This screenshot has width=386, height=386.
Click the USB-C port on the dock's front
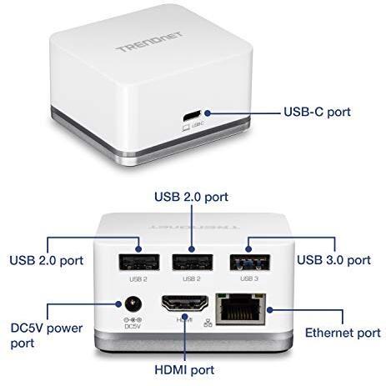tap(192, 116)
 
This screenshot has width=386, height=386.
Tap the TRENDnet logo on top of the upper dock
tap(149, 42)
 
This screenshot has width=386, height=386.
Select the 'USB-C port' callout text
tap(317, 112)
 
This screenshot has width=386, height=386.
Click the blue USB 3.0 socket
tap(250, 263)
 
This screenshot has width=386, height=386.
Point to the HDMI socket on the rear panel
tap(185, 303)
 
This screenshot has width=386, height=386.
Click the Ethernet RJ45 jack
tap(241, 308)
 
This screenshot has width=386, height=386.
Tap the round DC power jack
tap(133, 303)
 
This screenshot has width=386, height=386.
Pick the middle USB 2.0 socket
tap(193, 263)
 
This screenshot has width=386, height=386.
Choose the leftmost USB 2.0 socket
tap(139, 263)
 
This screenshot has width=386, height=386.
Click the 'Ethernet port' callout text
tap(343, 333)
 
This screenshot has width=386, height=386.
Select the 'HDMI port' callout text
tap(184, 370)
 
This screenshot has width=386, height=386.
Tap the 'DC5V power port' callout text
tap(47, 335)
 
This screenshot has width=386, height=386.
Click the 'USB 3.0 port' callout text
tap(334, 260)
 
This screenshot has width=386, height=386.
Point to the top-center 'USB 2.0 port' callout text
tap(191, 197)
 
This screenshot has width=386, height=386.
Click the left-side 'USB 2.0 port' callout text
tap(47, 260)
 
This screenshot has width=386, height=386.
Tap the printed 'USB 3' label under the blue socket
tap(249, 278)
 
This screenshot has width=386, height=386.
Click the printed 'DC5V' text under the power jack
tap(133, 327)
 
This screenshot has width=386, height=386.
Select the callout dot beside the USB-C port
tap(208, 113)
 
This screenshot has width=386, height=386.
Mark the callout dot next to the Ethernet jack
tap(269, 309)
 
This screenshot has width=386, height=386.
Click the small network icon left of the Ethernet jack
tap(208, 323)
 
